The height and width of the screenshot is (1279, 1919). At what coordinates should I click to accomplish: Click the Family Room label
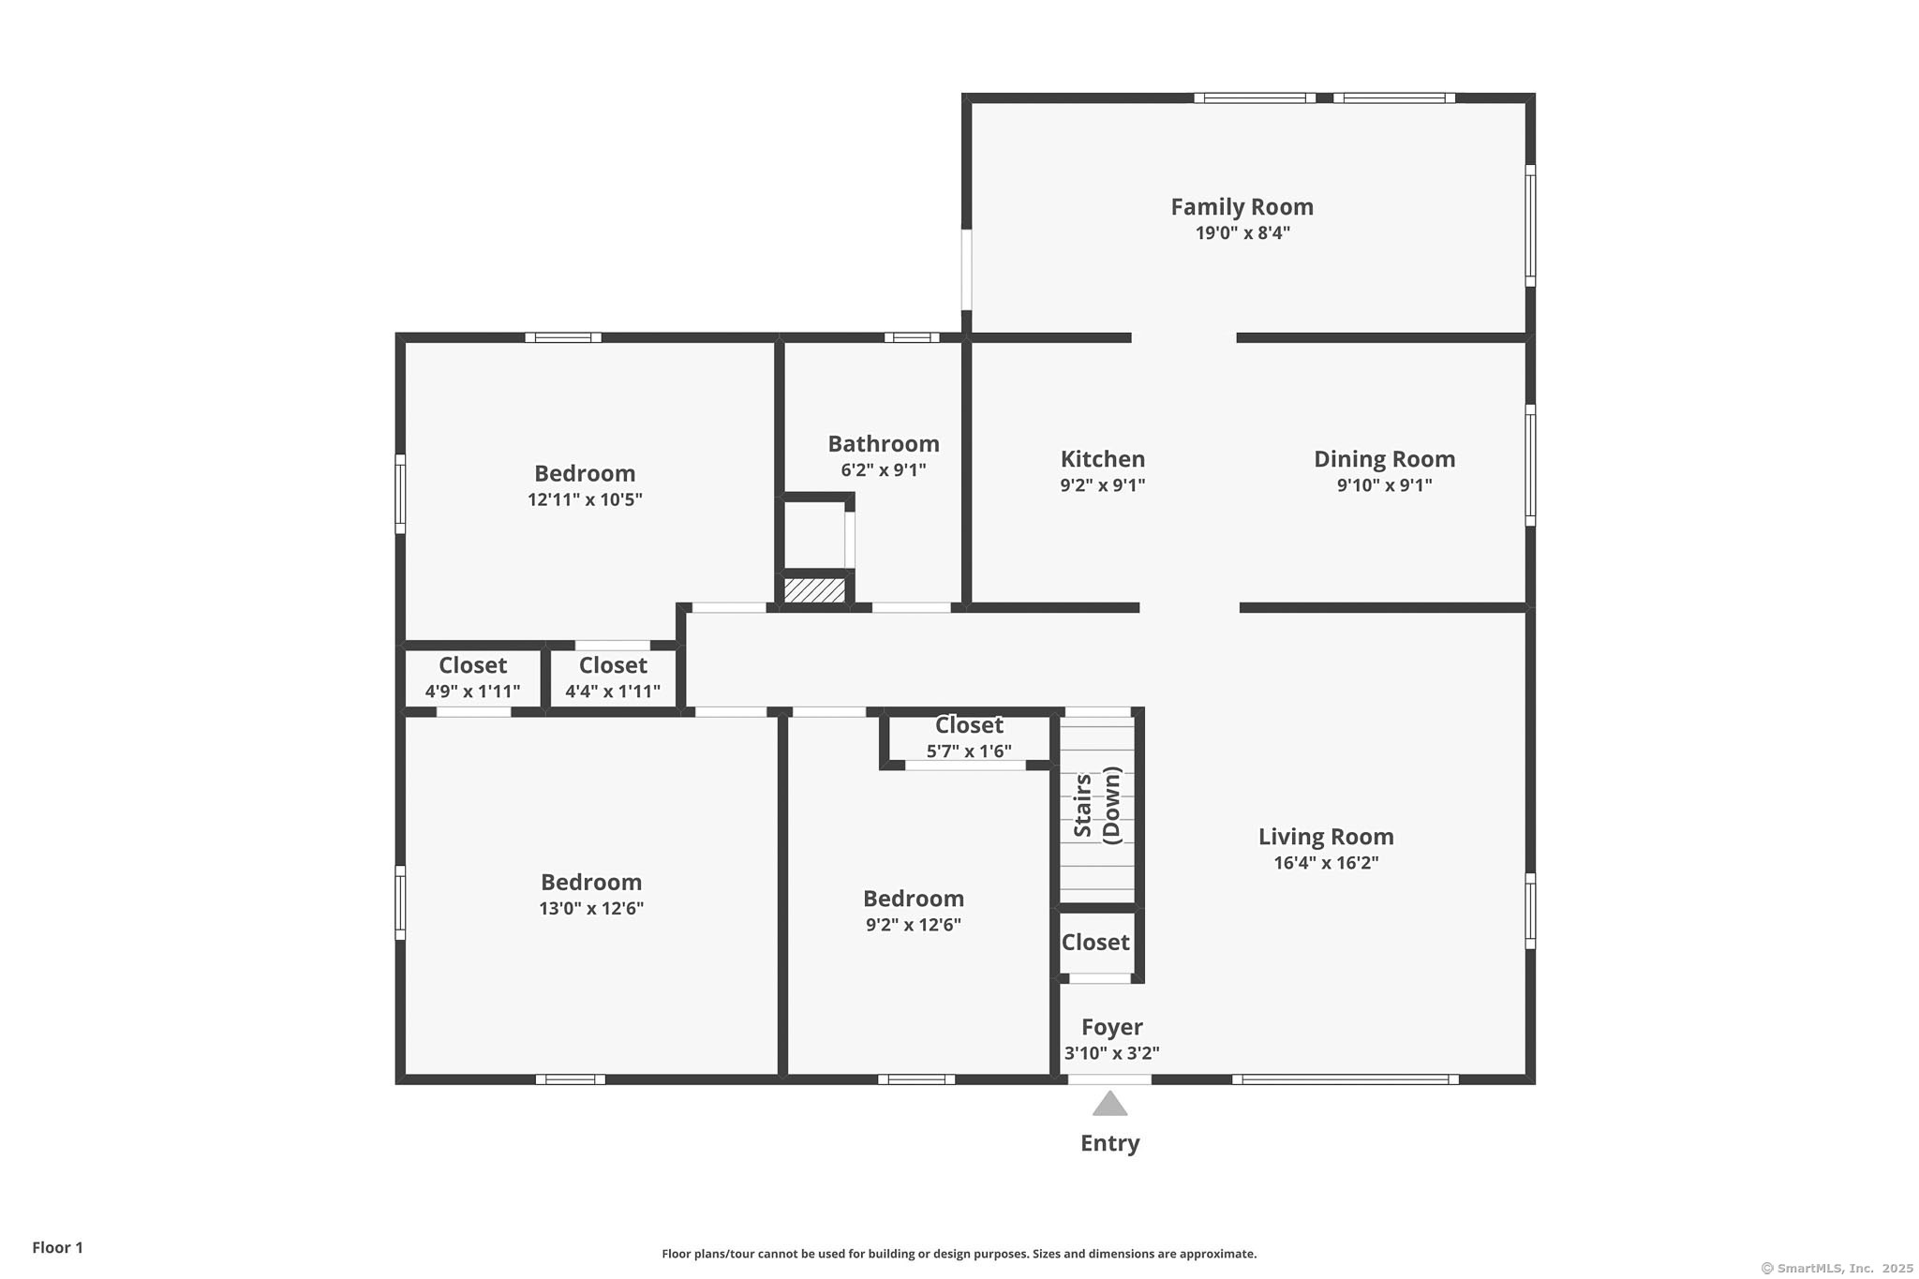point(1242,207)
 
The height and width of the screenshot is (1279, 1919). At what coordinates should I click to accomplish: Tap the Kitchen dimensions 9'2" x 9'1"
point(1103,485)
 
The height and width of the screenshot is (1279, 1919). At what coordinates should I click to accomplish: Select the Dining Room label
point(1384,459)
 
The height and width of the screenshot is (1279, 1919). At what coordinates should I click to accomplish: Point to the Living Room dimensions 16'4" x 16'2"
point(1326,863)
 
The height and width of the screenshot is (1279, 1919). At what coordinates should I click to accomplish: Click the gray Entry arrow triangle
point(1109,1105)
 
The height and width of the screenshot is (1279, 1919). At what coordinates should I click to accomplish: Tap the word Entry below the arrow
point(1109,1143)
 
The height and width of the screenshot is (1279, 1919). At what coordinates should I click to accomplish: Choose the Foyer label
point(1111,1028)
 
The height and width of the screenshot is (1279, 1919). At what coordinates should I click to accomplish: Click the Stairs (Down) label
point(1097,805)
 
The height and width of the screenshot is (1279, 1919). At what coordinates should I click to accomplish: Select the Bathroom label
point(884,444)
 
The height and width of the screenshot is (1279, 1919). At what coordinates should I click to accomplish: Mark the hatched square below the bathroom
point(814,590)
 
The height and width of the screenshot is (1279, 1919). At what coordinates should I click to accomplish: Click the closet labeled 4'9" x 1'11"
point(472,678)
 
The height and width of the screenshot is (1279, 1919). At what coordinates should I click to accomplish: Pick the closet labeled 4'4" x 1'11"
point(613,678)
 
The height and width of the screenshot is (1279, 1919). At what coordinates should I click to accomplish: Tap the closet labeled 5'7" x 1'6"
point(969,737)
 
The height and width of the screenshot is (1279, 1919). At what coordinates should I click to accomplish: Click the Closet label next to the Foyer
point(1095,943)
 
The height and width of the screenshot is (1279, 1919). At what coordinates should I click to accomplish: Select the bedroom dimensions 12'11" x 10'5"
point(585,499)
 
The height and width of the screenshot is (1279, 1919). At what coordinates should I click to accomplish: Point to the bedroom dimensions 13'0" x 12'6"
point(591,909)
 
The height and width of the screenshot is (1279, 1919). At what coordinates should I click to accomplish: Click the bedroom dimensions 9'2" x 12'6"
point(914,926)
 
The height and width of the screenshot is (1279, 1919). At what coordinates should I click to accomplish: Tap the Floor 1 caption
point(58,1248)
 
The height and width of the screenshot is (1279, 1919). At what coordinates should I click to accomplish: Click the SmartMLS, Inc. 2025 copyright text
point(1837,1269)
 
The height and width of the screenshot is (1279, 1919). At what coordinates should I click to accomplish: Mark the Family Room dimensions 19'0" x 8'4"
point(1242,233)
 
